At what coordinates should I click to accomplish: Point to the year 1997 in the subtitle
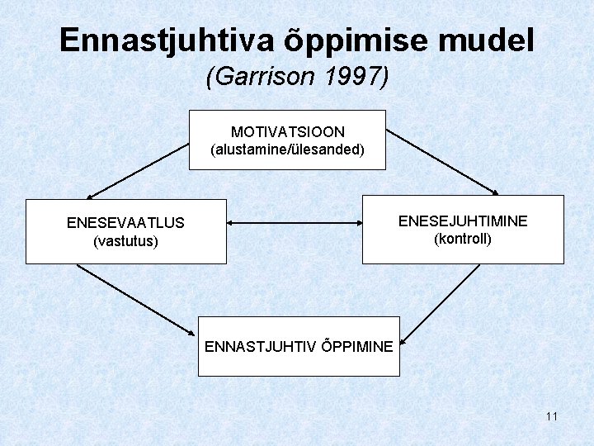[x=354, y=77]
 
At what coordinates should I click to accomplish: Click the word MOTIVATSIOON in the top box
[x=287, y=132]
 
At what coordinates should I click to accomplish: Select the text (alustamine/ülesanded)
[x=287, y=150]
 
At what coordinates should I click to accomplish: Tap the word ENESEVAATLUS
[x=125, y=223]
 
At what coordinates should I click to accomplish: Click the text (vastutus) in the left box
[x=125, y=241]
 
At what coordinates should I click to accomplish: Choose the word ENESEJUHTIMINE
[x=463, y=221]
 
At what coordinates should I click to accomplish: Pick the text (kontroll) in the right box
[x=463, y=240]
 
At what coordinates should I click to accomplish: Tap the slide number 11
[x=551, y=416]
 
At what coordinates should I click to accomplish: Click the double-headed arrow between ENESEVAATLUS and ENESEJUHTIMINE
[x=295, y=223]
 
